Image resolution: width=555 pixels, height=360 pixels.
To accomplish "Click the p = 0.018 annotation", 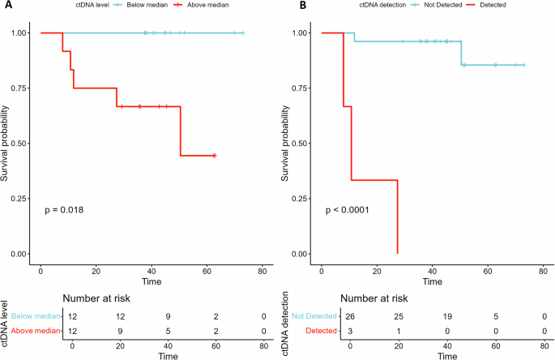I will tap(64, 210).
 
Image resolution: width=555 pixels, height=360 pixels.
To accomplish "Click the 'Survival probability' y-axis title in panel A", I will tap(6, 144).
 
